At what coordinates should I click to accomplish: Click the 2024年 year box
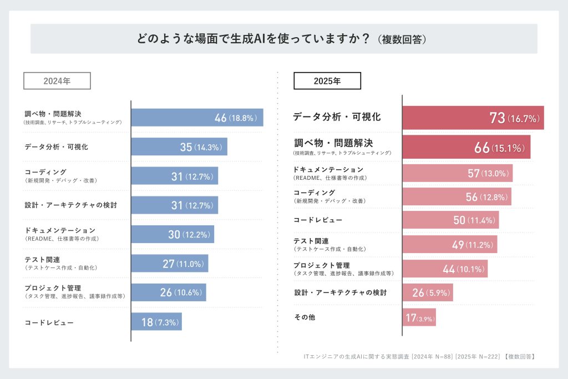[57, 81]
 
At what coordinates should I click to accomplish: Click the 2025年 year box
[327, 81]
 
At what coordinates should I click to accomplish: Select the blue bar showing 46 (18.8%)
[197, 118]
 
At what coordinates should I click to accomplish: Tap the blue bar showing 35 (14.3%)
[179, 147]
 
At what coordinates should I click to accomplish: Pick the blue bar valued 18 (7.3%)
[156, 322]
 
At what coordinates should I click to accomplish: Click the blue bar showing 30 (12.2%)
[173, 234]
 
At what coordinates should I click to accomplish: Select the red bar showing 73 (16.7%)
[473, 118]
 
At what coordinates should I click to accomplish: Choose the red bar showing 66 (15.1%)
[466, 147]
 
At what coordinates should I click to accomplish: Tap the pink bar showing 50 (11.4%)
[450, 220]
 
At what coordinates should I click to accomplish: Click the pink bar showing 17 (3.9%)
[419, 318]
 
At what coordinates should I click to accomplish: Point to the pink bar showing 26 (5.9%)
[427, 292]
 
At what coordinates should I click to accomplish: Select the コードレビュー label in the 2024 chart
[49, 322]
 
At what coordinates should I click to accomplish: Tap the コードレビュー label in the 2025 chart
[318, 220]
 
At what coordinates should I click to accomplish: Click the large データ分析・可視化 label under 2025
[337, 117]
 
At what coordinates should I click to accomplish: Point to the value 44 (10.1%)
[465, 270]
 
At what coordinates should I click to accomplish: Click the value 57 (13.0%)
[488, 173]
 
